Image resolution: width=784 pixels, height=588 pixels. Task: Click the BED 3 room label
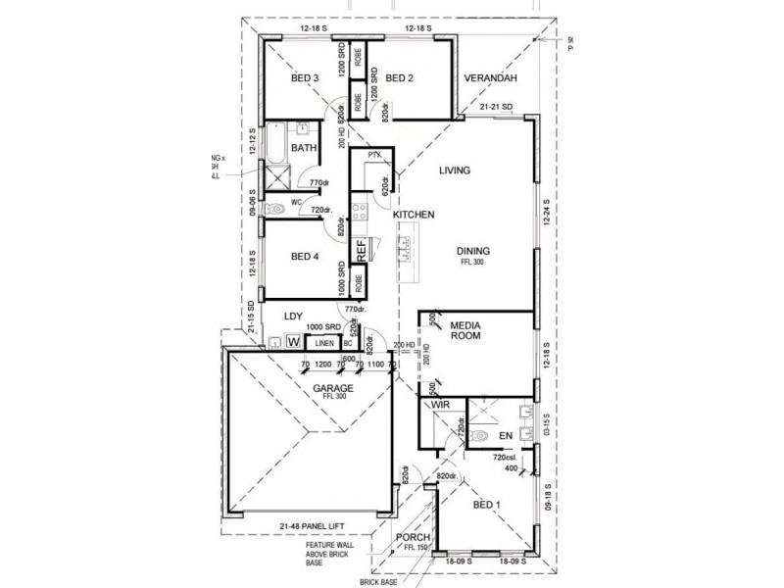point(304,78)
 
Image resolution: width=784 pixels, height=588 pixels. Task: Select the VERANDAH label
point(490,78)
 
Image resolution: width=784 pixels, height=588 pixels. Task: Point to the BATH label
point(304,149)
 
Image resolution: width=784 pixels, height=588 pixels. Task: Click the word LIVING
point(455,171)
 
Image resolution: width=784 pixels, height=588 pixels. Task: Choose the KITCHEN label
point(414,214)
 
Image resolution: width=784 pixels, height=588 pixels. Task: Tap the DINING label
point(472,251)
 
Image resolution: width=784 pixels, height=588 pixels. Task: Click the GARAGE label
point(333,388)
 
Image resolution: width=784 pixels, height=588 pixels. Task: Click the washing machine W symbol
point(292,342)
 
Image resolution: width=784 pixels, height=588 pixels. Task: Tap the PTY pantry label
point(373,156)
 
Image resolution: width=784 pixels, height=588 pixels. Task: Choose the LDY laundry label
point(293,317)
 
